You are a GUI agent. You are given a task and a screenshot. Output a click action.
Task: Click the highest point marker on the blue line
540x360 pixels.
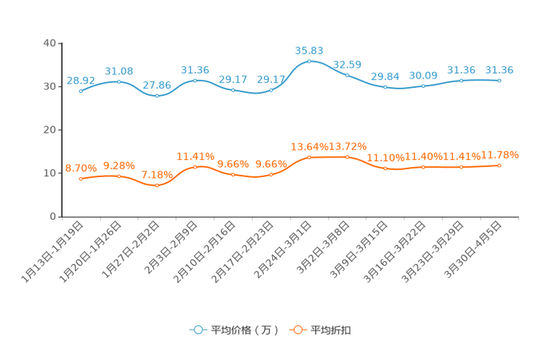coord(309,61)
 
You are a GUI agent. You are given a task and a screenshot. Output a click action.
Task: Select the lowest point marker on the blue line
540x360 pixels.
coord(157,96)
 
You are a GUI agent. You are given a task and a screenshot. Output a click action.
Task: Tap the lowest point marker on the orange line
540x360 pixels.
coord(157,186)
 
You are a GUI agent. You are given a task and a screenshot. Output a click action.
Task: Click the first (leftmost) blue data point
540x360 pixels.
coord(81,91)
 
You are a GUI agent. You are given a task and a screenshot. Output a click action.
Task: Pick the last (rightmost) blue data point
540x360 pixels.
coord(499,80)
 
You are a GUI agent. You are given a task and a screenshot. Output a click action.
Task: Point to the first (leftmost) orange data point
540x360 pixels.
coord(81,178)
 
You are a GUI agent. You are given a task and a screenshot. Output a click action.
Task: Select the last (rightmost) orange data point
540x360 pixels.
coord(499,165)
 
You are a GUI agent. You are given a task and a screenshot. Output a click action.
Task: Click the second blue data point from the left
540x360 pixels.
coord(118,81)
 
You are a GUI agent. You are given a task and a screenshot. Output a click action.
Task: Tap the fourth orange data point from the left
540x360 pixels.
coord(195,166)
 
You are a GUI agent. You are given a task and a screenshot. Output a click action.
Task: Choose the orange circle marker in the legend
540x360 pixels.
coord(297,330)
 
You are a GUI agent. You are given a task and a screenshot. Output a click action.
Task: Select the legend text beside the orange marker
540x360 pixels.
coord(331,330)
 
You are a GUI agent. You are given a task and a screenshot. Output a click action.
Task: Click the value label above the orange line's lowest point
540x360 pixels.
coord(157,175)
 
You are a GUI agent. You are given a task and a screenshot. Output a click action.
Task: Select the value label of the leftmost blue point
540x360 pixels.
coord(81,80)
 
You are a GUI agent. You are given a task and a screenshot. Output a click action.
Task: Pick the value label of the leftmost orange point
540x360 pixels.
coord(79,168)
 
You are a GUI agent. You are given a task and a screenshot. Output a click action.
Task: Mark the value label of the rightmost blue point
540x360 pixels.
coord(499,70)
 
